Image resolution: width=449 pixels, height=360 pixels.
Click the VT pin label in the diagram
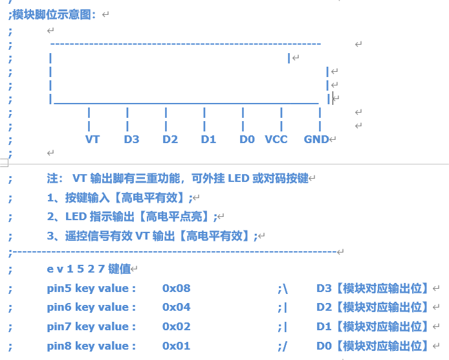[93, 139]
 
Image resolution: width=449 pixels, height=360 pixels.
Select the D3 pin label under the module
[131, 139]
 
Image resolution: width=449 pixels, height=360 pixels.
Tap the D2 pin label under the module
[170, 139]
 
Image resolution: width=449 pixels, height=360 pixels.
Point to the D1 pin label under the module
[208, 139]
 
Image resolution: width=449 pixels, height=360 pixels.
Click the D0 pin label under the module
[247, 139]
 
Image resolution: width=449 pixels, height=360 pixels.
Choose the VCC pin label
[276, 139]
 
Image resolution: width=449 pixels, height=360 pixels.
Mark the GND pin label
[316, 139]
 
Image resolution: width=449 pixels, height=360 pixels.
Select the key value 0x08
[176, 288]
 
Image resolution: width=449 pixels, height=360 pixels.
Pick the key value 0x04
[176, 307]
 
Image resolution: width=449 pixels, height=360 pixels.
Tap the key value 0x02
[176, 326]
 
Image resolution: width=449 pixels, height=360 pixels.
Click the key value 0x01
[176, 346]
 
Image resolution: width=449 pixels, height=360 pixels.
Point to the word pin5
[59, 288]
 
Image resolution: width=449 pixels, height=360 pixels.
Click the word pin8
[59, 346]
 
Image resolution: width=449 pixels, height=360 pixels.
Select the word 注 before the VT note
[53, 178]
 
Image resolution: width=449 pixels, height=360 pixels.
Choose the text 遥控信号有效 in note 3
[98, 236]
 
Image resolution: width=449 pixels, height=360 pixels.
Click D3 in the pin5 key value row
[324, 288]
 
